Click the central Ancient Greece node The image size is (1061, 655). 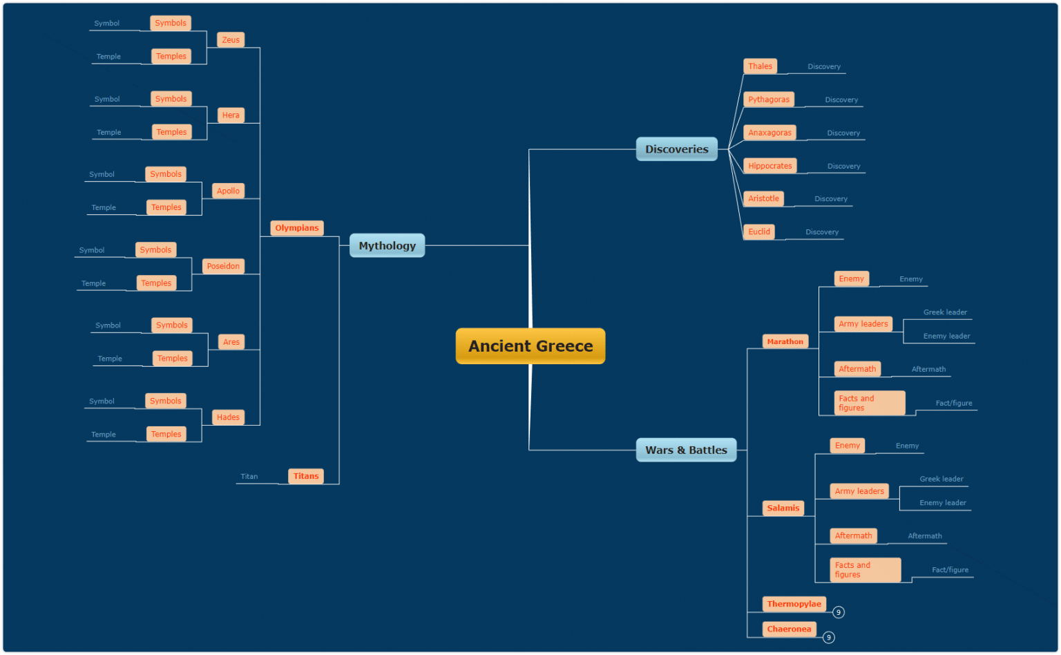530,346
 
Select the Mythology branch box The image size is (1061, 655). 387,245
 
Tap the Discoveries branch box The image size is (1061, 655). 676,149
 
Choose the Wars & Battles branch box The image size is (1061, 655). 686,450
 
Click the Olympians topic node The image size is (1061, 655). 297,228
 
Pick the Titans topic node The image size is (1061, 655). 306,476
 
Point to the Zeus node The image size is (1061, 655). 231,40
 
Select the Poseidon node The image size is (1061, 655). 223,266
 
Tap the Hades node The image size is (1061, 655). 228,417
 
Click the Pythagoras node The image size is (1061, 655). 769,99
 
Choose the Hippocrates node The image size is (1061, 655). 770,166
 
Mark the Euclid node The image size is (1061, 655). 759,231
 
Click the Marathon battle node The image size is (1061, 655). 785,341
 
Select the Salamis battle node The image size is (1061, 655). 783,508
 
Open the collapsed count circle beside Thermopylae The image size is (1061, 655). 839,612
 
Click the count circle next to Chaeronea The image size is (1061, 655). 829,638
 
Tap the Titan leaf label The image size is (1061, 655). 249,477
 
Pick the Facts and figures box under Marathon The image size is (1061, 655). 869,403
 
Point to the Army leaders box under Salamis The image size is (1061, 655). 859,491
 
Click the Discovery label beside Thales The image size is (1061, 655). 824,67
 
